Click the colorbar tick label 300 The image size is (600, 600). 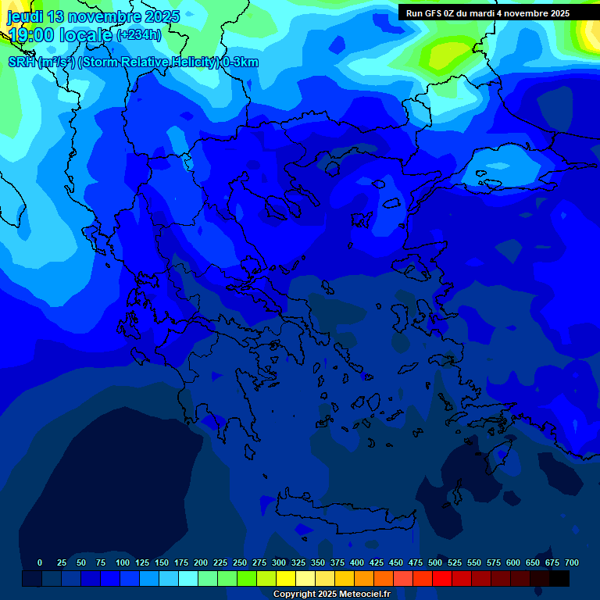tap(279, 562)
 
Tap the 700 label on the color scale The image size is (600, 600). tap(572, 562)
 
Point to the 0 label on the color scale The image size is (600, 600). tap(40, 562)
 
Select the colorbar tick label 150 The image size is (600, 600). tap(162, 562)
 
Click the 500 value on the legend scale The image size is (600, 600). tap(435, 562)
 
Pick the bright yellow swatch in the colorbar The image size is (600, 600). tap(286, 579)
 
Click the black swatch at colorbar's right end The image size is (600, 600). tap(559, 579)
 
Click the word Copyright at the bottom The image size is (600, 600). tap(294, 595)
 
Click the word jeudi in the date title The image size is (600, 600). tap(26, 16)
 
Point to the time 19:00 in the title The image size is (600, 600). tap(32, 35)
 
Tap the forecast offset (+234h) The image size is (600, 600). tap(138, 35)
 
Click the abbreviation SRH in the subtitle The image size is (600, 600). tap(22, 62)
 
